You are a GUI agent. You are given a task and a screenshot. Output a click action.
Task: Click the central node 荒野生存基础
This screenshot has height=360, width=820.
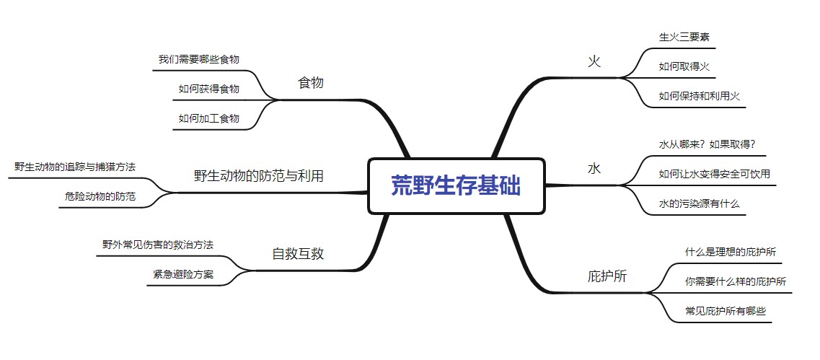pyautogui.click(x=456, y=186)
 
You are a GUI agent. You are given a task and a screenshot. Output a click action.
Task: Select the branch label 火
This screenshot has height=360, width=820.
pyautogui.click(x=594, y=61)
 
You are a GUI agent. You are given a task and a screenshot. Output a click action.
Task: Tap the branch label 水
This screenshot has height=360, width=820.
pyautogui.click(x=594, y=169)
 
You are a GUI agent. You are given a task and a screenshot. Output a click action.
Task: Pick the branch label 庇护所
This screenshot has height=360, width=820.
pyautogui.click(x=607, y=276)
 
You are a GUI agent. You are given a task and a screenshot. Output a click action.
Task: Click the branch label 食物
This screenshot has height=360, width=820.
pyautogui.click(x=311, y=83)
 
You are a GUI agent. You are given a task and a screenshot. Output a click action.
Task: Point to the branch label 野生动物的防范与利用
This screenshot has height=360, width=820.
pyautogui.click(x=258, y=175)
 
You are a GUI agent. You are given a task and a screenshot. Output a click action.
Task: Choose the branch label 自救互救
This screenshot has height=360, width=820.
pyautogui.click(x=298, y=253)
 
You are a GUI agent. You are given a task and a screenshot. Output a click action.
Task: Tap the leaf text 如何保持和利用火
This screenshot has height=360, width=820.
pyautogui.click(x=700, y=96)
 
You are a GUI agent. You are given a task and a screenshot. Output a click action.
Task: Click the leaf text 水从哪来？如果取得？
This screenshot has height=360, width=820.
pyautogui.click(x=707, y=144)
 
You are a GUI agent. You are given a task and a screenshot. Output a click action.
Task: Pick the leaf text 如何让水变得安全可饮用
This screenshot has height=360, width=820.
pyautogui.click(x=715, y=174)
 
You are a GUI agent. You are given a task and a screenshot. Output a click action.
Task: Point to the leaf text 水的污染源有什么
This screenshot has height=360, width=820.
pyautogui.click(x=699, y=204)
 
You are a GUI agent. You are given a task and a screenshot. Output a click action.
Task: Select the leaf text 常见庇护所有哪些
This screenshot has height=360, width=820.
pyautogui.click(x=725, y=312)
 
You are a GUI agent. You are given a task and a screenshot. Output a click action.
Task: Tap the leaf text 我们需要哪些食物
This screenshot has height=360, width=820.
pyautogui.click(x=199, y=59)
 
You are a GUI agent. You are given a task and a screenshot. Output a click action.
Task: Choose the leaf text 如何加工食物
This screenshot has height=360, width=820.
pyautogui.click(x=208, y=118)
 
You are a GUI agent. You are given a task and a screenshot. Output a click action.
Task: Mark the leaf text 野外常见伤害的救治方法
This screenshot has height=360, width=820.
pyautogui.click(x=158, y=245)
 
